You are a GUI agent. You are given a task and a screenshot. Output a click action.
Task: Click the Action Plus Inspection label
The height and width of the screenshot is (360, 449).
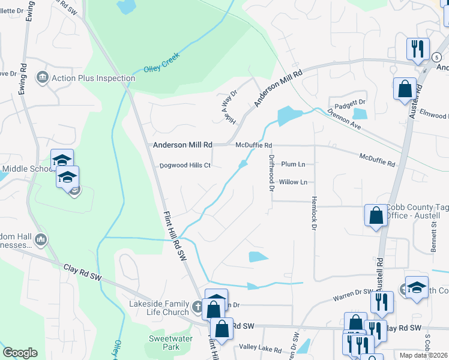pyautogui.click(x=93, y=78)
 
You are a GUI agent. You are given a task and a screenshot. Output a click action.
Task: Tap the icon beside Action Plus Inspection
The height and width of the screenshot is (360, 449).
pyautogui.click(x=43, y=77)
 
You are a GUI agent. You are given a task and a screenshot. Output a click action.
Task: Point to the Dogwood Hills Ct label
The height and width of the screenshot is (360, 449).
pyautogui.click(x=184, y=166)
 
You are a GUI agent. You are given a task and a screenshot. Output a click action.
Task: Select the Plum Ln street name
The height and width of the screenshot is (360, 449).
pyautogui.click(x=293, y=164)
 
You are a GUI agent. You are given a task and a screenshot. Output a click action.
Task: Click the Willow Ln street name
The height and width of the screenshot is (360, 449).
pyautogui.click(x=293, y=182)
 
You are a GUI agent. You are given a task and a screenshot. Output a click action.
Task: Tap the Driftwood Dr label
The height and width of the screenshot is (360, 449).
pyautogui.click(x=271, y=173)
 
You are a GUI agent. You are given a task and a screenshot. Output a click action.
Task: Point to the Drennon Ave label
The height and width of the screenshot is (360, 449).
pyautogui.click(x=344, y=119)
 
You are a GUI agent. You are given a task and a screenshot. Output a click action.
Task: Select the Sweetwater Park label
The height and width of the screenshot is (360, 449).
pyautogui.click(x=164, y=343)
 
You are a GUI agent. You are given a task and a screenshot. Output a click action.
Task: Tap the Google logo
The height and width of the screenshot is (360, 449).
pyautogui.click(x=20, y=353)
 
